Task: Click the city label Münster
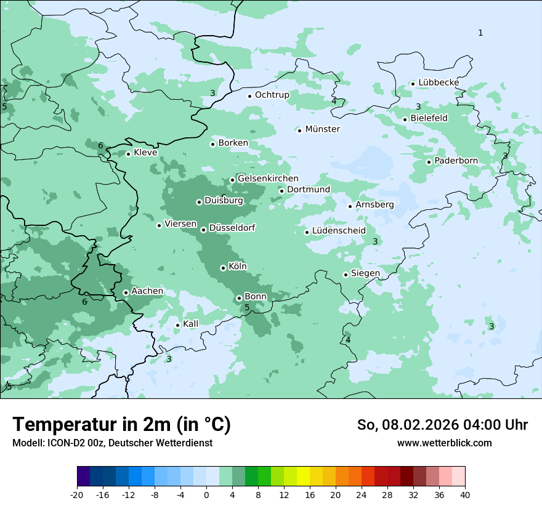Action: click(x=322, y=129)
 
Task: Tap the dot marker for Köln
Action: click(x=223, y=268)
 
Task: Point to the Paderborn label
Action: click(x=456, y=161)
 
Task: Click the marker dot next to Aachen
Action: click(x=126, y=293)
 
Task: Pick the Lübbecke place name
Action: click(x=439, y=82)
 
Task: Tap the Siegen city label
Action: click(x=365, y=273)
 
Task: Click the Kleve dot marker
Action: click(x=128, y=154)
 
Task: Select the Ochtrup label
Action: click(x=272, y=95)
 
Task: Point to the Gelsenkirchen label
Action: click(x=268, y=179)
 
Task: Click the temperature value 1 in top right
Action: click(x=480, y=33)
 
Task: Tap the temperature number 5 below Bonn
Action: click(x=247, y=308)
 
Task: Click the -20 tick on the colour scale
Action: click(x=77, y=494)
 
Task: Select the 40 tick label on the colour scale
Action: click(x=464, y=494)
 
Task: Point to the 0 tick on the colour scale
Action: click(x=206, y=494)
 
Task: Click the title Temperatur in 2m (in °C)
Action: click(x=121, y=425)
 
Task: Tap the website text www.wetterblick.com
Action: click(x=444, y=443)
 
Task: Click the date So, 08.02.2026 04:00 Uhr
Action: click(x=442, y=425)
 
